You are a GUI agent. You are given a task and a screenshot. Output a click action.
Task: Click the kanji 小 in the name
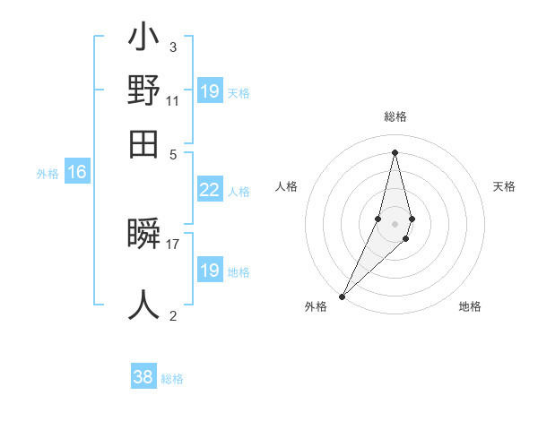click(144, 39)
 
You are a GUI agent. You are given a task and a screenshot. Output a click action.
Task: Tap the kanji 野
click(144, 91)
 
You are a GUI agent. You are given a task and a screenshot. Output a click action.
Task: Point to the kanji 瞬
click(144, 235)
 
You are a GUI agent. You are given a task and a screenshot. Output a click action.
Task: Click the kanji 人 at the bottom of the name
click(144, 305)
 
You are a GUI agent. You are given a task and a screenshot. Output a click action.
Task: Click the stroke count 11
click(173, 101)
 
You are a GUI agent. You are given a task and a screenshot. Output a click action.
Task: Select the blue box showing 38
click(143, 377)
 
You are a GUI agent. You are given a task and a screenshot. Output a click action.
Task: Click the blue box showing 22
click(209, 189)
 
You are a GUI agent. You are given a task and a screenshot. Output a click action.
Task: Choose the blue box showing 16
click(77, 173)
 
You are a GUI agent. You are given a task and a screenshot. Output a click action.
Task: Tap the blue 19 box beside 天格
click(209, 91)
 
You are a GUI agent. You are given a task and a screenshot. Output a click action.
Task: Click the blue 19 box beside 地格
click(209, 271)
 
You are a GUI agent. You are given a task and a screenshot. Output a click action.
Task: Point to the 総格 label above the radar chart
click(395, 117)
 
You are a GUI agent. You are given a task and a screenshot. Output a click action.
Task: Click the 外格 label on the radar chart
click(316, 307)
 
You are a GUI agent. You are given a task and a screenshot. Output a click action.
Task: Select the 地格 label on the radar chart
click(470, 307)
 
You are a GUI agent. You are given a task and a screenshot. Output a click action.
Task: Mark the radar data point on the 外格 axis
click(343, 296)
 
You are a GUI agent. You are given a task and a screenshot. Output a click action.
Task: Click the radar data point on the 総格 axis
click(395, 152)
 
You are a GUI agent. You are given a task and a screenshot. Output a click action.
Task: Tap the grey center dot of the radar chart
click(395, 225)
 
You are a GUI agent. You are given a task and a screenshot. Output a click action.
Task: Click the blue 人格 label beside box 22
click(239, 191)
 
